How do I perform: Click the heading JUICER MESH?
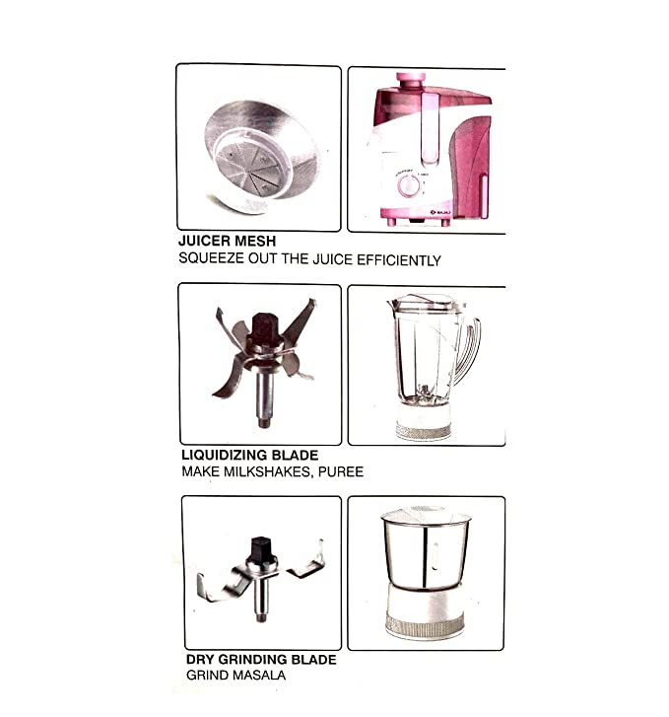point(228,241)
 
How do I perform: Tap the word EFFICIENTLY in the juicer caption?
point(399,260)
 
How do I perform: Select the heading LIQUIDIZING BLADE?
point(250,455)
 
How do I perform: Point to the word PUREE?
point(341,471)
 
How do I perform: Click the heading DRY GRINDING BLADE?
point(261,660)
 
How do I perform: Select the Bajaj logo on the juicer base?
point(440,212)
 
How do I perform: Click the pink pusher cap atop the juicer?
point(411,79)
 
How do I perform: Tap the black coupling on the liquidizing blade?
point(263,327)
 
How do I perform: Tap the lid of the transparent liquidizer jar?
point(424,302)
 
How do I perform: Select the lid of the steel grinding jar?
point(426,515)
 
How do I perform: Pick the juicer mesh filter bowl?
point(261,157)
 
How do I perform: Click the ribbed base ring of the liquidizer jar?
point(424,431)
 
